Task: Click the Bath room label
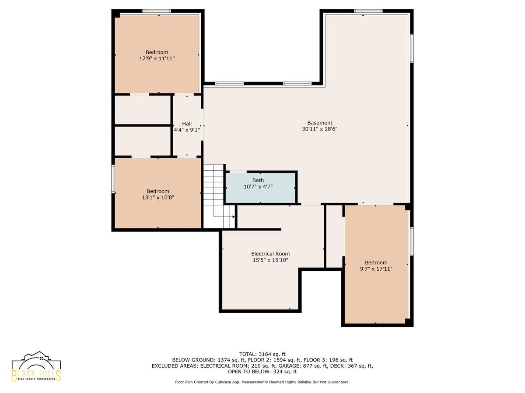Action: click(258, 180)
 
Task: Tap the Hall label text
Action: click(186, 124)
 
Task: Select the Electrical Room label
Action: click(270, 254)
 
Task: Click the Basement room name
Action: click(319, 123)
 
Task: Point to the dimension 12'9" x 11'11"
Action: click(157, 59)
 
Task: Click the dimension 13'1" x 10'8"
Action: click(158, 197)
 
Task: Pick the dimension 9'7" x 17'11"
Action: click(376, 269)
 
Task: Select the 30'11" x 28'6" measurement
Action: click(319, 129)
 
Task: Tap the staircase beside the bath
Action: click(219, 196)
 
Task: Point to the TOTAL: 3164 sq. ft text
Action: click(262, 354)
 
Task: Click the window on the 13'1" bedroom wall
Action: click(113, 179)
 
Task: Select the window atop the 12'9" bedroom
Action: click(157, 11)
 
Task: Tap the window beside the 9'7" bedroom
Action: click(412, 241)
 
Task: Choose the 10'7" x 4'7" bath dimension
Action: click(258, 186)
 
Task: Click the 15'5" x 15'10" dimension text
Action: click(270, 260)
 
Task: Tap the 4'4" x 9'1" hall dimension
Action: click(186, 130)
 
